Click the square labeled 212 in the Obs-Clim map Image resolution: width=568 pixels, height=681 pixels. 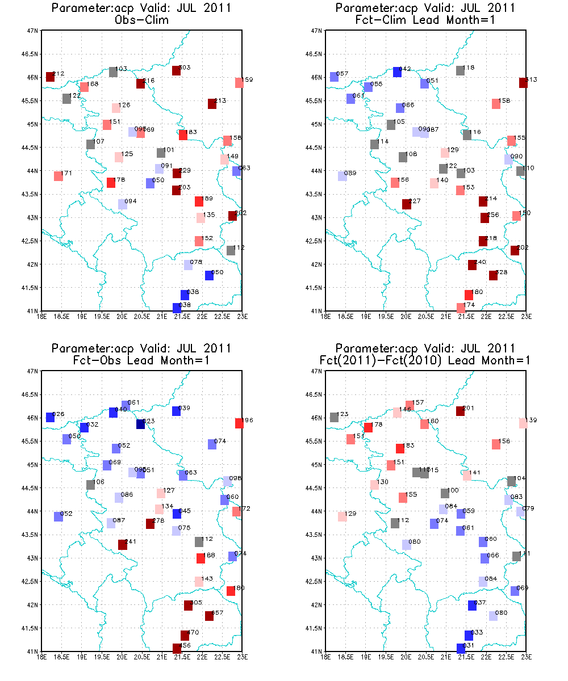tap(50, 77)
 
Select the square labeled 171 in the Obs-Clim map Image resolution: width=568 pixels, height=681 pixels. tap(58, 176)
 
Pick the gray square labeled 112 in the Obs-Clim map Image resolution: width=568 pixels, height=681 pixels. tap(231, 250)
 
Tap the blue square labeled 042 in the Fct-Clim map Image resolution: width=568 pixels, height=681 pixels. tap(397, 72)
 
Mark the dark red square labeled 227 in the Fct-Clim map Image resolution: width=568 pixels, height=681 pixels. tap(406, 204)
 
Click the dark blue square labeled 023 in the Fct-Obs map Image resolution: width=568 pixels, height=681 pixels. tap(140, 424)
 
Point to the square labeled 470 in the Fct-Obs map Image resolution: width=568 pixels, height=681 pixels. tap(185, 636)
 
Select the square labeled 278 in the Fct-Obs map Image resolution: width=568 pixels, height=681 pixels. tap(150, 524)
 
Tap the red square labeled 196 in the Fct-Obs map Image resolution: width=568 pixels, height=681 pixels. tap(239, 423)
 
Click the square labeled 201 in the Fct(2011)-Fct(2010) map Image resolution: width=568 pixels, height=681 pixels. tap(460, 411)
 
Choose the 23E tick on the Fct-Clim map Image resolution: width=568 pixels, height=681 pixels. tap(526, 317)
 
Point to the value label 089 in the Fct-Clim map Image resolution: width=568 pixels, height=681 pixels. tap(350, 173)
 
